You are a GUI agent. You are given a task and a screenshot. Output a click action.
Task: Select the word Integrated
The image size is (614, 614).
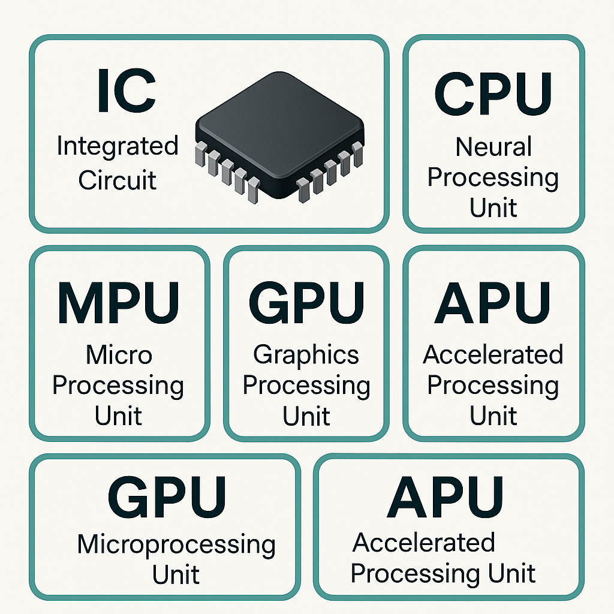[x=118, y=147]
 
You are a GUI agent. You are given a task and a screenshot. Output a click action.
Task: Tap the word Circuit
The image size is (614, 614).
[x=118, y=180]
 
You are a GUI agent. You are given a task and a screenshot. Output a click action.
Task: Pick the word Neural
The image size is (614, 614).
[x=493, y=147]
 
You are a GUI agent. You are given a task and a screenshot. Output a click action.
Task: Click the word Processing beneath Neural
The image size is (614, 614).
[x=493, y=178]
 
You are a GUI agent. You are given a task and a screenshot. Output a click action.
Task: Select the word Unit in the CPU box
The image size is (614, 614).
[x=493, y=208]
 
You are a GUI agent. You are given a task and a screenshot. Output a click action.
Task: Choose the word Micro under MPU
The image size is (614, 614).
[x=119, y=355]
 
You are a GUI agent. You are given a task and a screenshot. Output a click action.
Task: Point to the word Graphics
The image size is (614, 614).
[x=306, y=356]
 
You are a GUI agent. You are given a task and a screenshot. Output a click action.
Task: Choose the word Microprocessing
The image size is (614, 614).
[x=176, y=544]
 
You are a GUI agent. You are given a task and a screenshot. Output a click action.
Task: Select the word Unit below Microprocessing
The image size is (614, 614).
[x=176, y=574]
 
